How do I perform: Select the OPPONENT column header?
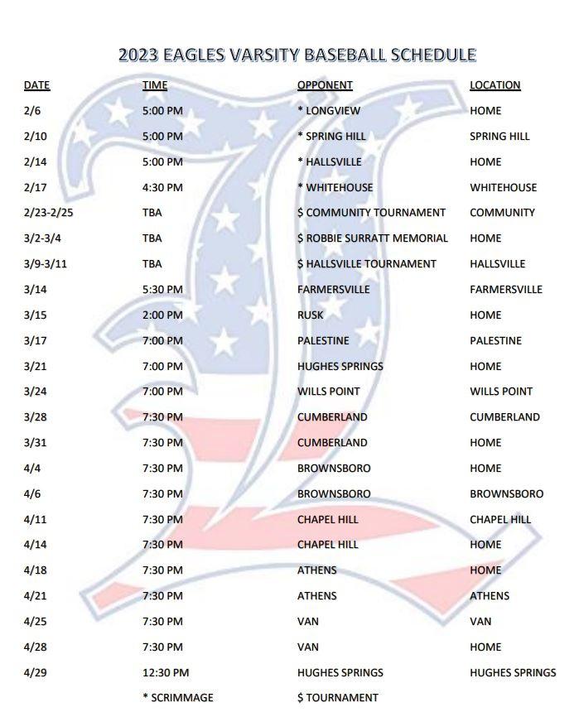point(325,85)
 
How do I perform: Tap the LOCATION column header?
point(495,85)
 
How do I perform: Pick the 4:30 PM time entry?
point(162,187)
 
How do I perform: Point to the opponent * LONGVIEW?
point(329,110)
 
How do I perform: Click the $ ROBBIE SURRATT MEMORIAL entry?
point(372,238)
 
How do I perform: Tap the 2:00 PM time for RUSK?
point(162,315)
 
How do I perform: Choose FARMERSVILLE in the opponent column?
point(333,290)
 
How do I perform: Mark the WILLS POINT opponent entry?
point(332,392)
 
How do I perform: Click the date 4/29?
point(34,672)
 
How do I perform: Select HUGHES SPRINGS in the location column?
point(513,672)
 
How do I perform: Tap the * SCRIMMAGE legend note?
point(177,698)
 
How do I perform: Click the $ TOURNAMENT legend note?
point(337,698)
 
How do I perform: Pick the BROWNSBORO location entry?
point(506,494)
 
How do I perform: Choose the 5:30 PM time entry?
point(162,290)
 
